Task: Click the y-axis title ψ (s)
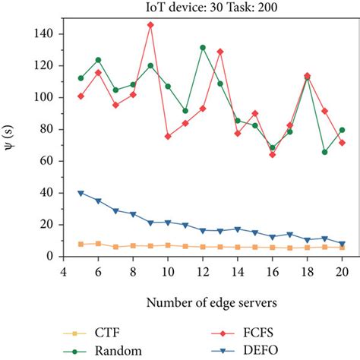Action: click(x=11, y=140)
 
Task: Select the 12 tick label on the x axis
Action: click(x=203, y=270)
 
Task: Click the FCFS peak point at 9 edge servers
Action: click(x=150, y=24)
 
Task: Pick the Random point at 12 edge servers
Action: click(x=203, y=47)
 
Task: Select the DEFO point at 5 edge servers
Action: click(x=81, y=193)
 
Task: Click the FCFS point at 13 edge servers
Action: click(x=220, y=52)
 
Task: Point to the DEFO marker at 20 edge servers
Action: click(x=342, y=244)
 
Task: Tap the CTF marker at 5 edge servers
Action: click(x=81, y=244)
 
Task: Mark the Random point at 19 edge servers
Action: click(x=324, y=152)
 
